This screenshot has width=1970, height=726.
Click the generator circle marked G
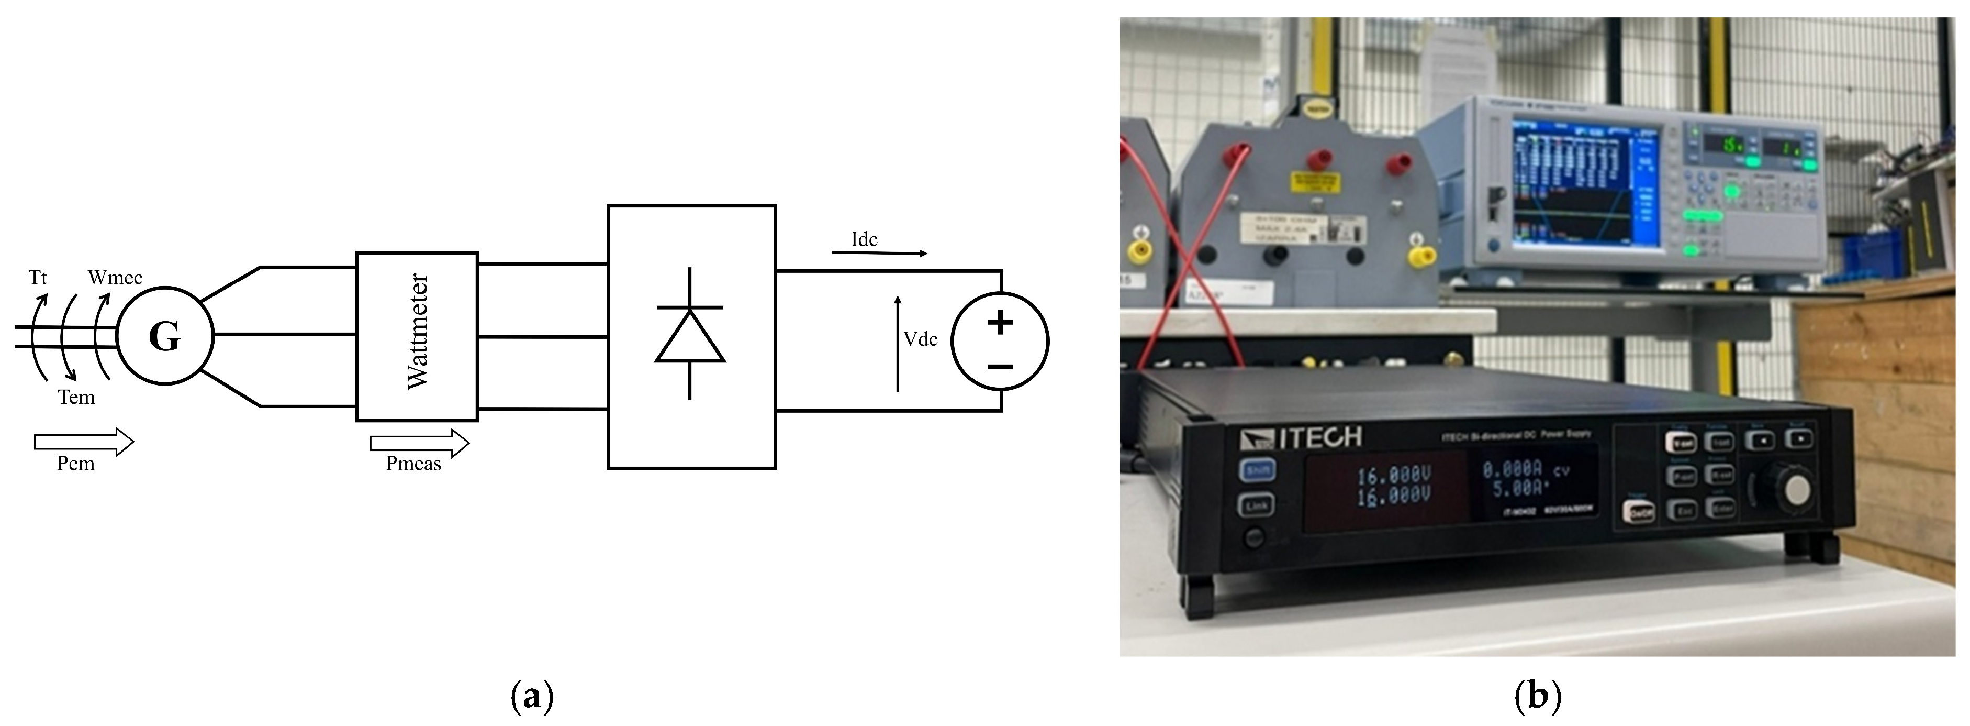pos(165,335)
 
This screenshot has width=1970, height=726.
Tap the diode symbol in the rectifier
pos(690,334)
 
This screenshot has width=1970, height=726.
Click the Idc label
pos(864,239)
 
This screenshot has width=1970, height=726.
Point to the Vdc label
pos(920,339)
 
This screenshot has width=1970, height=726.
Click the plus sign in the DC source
pos(1000,322)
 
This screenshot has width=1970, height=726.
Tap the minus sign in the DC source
pos(1000,367)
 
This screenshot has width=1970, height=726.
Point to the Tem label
pos(76,397)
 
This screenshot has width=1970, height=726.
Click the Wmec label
pos(115,278)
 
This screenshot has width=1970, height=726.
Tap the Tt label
pos(38,277)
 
